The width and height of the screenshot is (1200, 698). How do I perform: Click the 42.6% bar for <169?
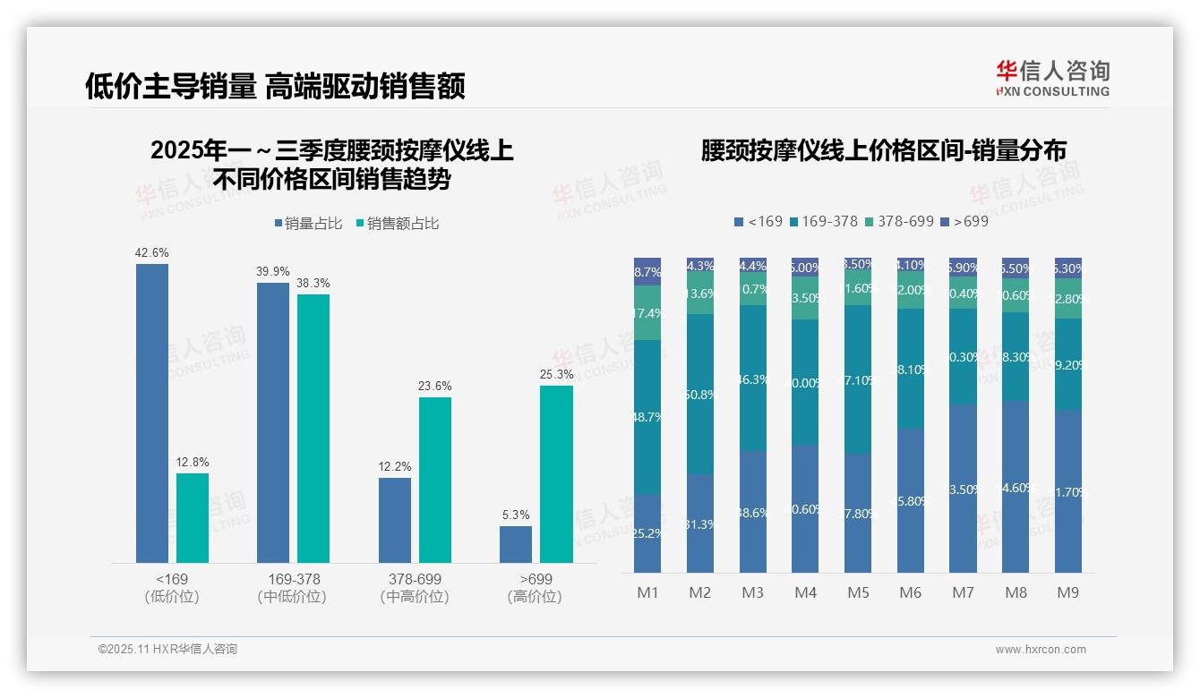click(x=152, y=413)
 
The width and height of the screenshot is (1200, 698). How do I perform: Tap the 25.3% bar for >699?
click(x=556, y=473)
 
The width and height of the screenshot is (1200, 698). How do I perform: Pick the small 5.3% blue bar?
click(x=516, y=544)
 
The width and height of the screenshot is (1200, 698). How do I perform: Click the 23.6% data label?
click(x=434, y=387)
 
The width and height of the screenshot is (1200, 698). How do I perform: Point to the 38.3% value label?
click(x=313, y=284)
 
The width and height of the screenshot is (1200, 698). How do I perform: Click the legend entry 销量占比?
click(x=307, y=224)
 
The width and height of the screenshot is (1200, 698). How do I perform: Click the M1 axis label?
click(x=647, y=592)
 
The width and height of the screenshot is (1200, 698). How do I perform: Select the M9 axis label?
click(x=1068, y=592)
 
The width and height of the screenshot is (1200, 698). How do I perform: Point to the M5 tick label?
click(x=858, y=592)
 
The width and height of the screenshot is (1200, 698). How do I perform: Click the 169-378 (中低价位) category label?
click(x=293, y=588)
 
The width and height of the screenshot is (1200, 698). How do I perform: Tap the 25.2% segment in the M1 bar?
click(x=647, y=533)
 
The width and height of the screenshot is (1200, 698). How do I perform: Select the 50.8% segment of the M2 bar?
click(x=700, y=394)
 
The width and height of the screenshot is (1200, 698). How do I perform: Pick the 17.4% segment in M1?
click(x=647, y=313)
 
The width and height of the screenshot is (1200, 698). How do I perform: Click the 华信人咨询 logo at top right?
click(x=1052, y=78)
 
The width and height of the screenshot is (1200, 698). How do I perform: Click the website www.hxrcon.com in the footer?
click(x=1041, y=650)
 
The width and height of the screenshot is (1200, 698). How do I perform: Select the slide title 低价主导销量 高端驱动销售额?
click(x=275, y=86)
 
